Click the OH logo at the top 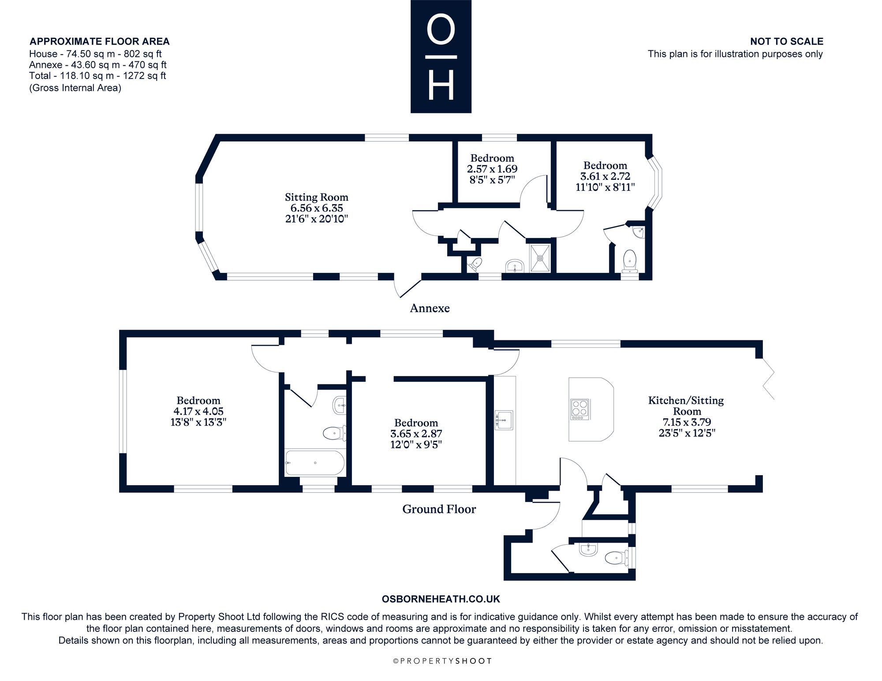[x=441, y=56]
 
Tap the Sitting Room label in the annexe [x=317, y=197]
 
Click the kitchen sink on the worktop [x=505, y=420]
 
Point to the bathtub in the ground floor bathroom [x=315, y=463]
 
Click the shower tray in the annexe [x=540, y=258]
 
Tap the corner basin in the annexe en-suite [x=638, y=232]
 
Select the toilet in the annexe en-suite [x=629, y=261]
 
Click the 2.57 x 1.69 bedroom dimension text [x=492, y=169]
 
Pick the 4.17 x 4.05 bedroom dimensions [x=198, y=411]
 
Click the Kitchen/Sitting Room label [x=686, y=406]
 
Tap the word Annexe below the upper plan [x=430, y=308]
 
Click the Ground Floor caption [x=439, y=509]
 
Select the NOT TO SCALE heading [x=787, y=41]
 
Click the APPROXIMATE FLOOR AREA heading [x=99, y=41]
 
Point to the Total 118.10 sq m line [x=97, y=75]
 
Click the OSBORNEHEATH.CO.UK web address [x=441, y=599]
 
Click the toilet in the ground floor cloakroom [x=616, y=558]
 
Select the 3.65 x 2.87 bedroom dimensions [x=416, y=434]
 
